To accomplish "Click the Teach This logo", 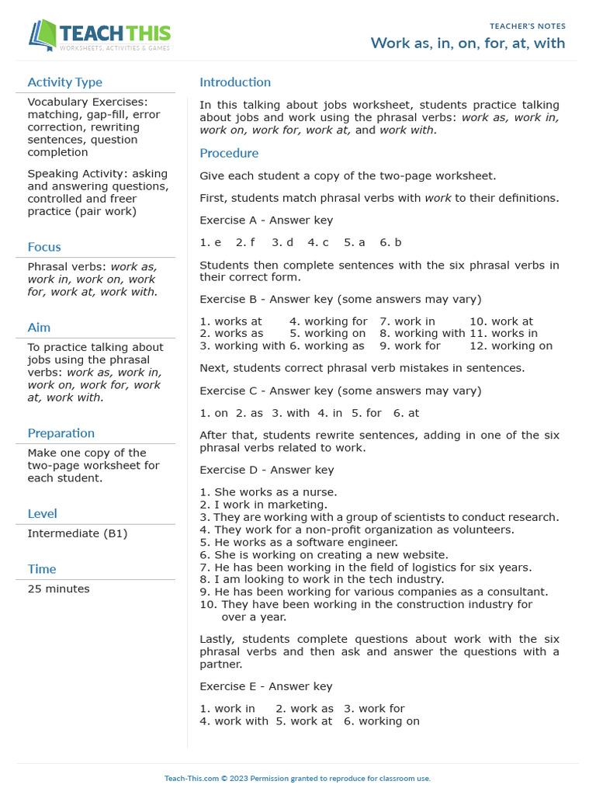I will point(99,36).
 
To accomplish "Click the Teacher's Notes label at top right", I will point(527,26).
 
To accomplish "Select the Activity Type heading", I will point(64,82).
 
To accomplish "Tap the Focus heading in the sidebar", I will point(44,247).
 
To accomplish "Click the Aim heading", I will point(39,328).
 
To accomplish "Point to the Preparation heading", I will point(61,433).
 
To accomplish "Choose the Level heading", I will point(42,513).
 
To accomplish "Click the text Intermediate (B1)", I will point(78,533).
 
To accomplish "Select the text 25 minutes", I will point(58,588).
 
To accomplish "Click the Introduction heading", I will point(235,82).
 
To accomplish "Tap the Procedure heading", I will point(229,153).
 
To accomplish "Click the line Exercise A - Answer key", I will point(266,220).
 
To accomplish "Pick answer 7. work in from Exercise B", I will point(407,321).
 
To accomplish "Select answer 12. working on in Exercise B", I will point(511,346).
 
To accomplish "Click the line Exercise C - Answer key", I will point(340,391).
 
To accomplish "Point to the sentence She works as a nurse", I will point(269,492).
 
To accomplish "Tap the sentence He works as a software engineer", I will point(299,543).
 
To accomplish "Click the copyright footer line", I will point(297,778).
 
